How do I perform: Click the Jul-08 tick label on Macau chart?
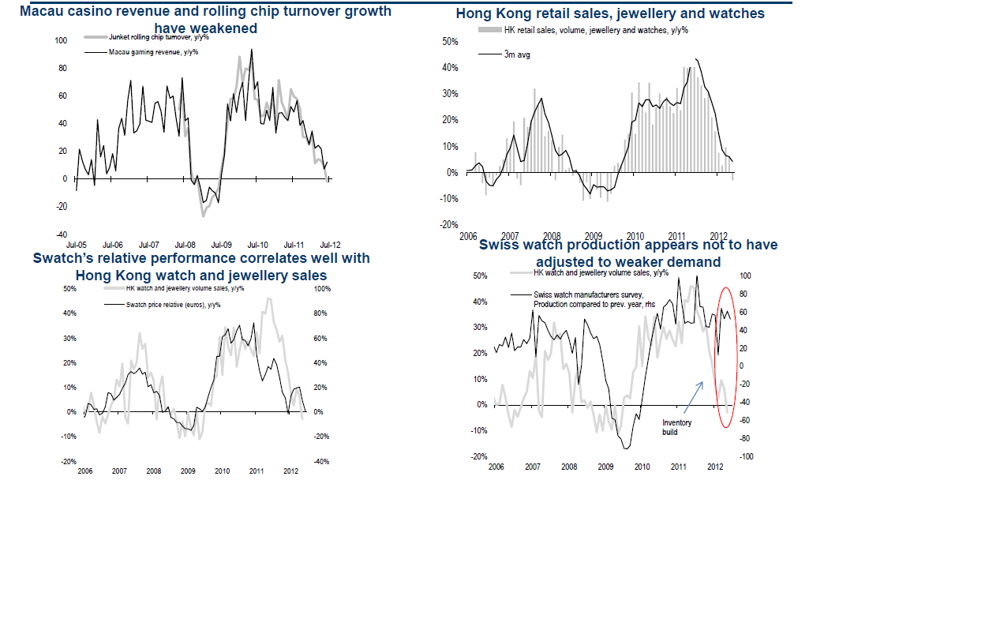click(x=185, y=246)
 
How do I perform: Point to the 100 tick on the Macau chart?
click(x=62, y=39)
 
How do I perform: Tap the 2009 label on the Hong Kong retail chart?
click(x=594, y=236)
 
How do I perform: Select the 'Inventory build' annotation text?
click(x=676, y=427)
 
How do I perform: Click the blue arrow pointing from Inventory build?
click(x=692, y=397)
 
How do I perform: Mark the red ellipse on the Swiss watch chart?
click(x=727, y=358)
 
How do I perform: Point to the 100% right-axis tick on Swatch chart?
click(x=321, y=289)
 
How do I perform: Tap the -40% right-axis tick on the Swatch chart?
click(x=321, y=461)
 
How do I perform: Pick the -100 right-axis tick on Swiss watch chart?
click(x=746, y=456)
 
